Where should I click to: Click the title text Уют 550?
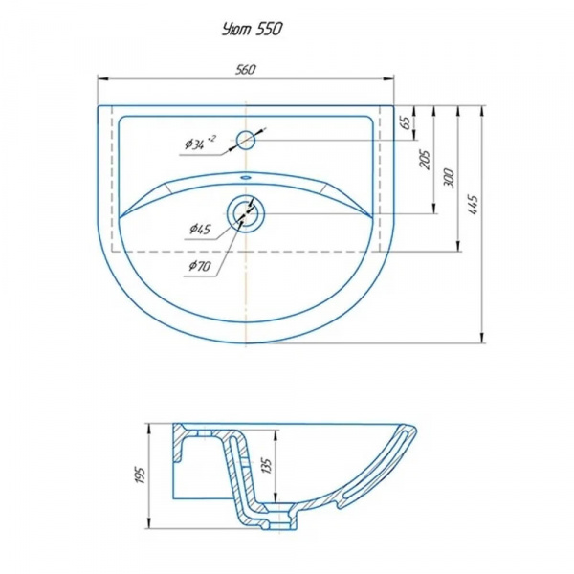[x=253, y=30]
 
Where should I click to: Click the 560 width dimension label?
[x=245, y=70]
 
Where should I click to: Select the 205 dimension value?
[x=425, y=160]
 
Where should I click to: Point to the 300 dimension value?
[x=449, y=178]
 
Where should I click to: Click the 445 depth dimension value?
[x=473, y=205]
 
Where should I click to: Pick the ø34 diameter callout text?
[x=200, y=143]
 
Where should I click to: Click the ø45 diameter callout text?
[x=200, y=230]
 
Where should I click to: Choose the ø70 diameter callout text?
[x=200, y=266]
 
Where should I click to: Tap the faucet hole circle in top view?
[x=246, y=140]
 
